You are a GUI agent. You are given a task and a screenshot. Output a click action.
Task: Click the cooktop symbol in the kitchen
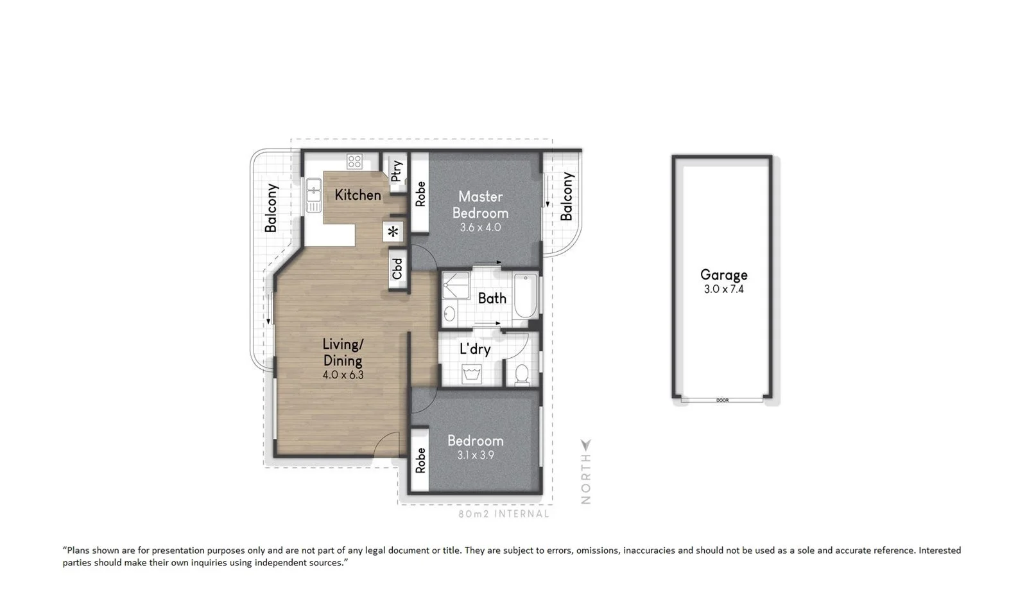point(354,161)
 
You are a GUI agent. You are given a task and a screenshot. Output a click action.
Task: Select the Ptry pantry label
point(396,171)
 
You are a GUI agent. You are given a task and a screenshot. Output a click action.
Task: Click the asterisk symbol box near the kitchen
point(393,232)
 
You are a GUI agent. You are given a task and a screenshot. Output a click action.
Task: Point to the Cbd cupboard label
point(397,269)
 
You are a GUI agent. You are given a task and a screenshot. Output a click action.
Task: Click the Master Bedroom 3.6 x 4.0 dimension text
point(480,227)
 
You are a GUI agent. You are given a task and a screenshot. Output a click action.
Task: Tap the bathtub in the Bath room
point(526,295)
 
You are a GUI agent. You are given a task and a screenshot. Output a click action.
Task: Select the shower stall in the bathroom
point(456,286)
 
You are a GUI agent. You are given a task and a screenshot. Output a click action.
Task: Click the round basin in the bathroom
point(449,314)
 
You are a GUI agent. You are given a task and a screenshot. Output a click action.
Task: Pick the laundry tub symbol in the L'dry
point(472,375)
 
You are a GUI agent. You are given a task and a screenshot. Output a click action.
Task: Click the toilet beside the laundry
point(522,375)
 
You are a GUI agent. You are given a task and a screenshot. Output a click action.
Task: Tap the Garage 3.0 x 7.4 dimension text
point(724,289)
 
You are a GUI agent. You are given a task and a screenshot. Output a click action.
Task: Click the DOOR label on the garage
point(722,400)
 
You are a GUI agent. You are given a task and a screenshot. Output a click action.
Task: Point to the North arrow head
point(586,444)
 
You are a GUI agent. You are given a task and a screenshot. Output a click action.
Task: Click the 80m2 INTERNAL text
point(504,514)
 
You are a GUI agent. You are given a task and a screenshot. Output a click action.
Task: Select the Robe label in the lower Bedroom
point(420,460)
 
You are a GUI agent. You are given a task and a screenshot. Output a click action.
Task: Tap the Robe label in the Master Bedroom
point(420,194)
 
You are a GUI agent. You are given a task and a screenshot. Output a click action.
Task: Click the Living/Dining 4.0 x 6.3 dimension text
point(343,375)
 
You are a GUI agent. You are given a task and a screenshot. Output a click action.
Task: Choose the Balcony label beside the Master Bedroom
point(566,196)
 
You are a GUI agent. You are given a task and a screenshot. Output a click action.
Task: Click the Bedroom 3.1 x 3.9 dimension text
point(476,455)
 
